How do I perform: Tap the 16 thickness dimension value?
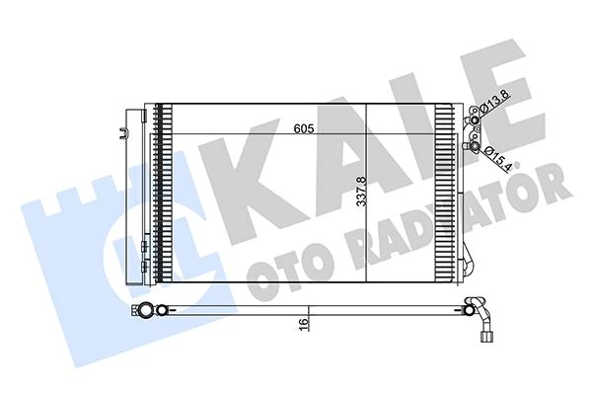[x=305, y=321]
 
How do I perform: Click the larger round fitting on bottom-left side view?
[x=147, y=312]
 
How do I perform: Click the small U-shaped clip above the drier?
[x=123, y=127]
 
